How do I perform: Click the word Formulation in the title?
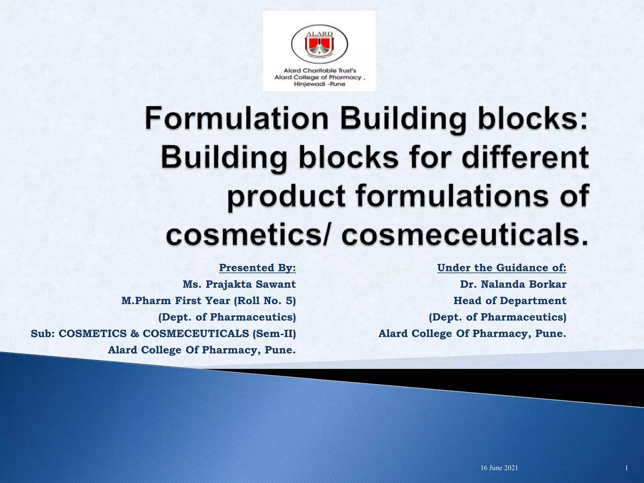[236, 120]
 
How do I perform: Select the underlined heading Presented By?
[257, 268]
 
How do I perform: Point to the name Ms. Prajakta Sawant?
[239, 284]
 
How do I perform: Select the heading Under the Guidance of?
[502, 268]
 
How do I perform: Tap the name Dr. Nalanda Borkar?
[513, 284]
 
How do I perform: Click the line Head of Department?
[510, 301]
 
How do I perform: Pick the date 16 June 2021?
[499, 468]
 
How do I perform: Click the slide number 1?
[626, 468]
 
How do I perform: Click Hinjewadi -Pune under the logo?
[319, 84]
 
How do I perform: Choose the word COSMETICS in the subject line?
[92, 333]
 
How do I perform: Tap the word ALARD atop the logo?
[319, 34]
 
